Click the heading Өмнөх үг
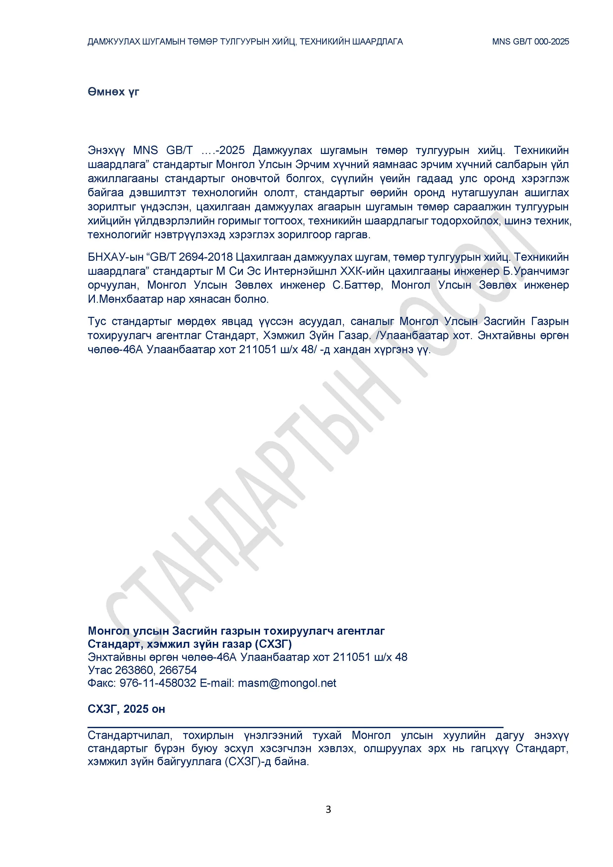[x=113, y=92]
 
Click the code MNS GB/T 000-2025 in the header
[x=530, y=42]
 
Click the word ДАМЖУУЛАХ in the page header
[x=113, y=42]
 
